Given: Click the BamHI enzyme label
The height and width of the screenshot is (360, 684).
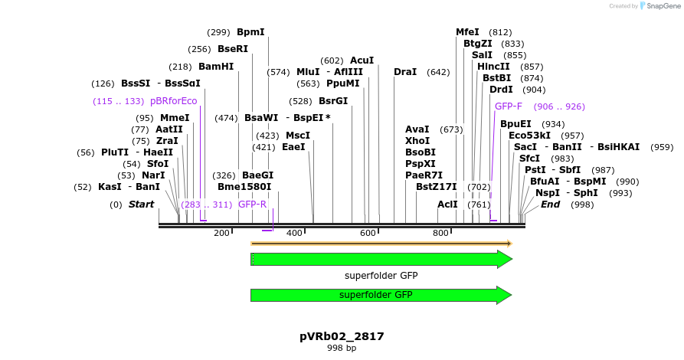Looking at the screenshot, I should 216,67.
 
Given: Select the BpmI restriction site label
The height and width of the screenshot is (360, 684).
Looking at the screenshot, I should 250,32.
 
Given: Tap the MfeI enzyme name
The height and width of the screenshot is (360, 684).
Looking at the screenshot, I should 467,32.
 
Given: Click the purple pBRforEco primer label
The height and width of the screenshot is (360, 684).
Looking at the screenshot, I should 173,101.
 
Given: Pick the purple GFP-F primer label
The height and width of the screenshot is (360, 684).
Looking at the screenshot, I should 509,106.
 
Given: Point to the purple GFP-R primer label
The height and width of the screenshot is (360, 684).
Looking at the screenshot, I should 252,205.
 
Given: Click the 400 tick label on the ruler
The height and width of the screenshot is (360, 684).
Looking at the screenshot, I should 294,233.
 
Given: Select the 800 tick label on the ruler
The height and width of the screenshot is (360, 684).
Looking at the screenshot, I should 440,233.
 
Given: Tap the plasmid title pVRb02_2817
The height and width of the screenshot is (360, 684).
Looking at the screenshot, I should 342,336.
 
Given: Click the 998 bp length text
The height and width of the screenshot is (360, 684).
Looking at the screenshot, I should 342,349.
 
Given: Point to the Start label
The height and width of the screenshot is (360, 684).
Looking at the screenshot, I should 141,205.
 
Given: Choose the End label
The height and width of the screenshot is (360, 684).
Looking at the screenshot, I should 550,205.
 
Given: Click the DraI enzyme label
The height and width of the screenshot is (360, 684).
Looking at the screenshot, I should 405,72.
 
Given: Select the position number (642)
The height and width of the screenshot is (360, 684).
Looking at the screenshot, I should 438,72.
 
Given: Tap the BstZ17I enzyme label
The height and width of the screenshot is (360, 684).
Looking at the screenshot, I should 436,186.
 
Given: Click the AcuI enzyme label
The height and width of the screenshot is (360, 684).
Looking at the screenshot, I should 362,60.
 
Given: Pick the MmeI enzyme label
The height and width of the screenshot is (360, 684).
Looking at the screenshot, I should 174,118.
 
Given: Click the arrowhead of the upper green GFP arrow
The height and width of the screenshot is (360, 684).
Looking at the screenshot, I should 504,259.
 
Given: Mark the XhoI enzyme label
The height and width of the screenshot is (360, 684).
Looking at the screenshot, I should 417,141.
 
